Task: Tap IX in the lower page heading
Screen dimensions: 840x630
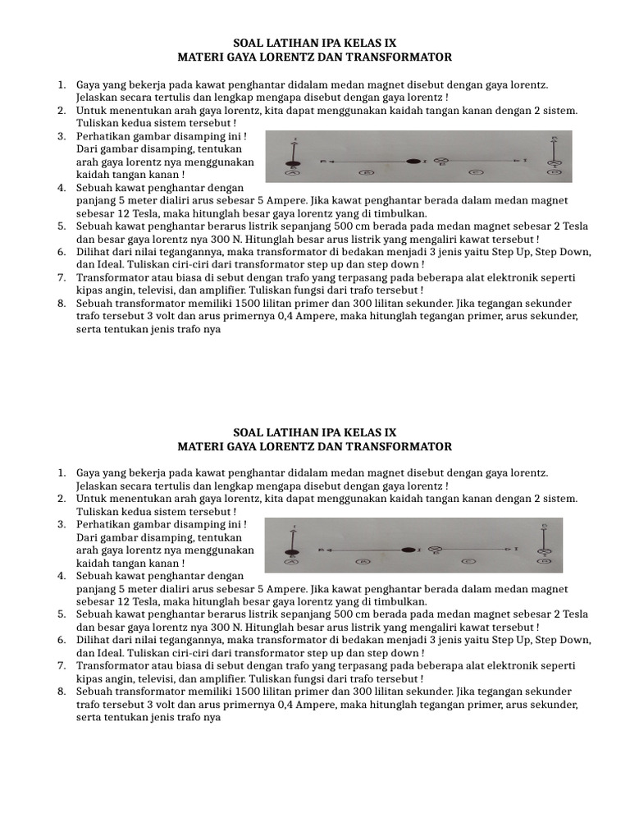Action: [390, 431]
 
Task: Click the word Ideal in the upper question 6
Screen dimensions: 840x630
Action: [110, 264]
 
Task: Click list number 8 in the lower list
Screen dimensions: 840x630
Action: [62, 692]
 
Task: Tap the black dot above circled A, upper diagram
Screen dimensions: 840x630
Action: [291, 162]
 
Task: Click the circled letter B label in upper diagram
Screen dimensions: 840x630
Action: [369, 173]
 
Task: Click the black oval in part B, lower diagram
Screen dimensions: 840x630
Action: [408, 549]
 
